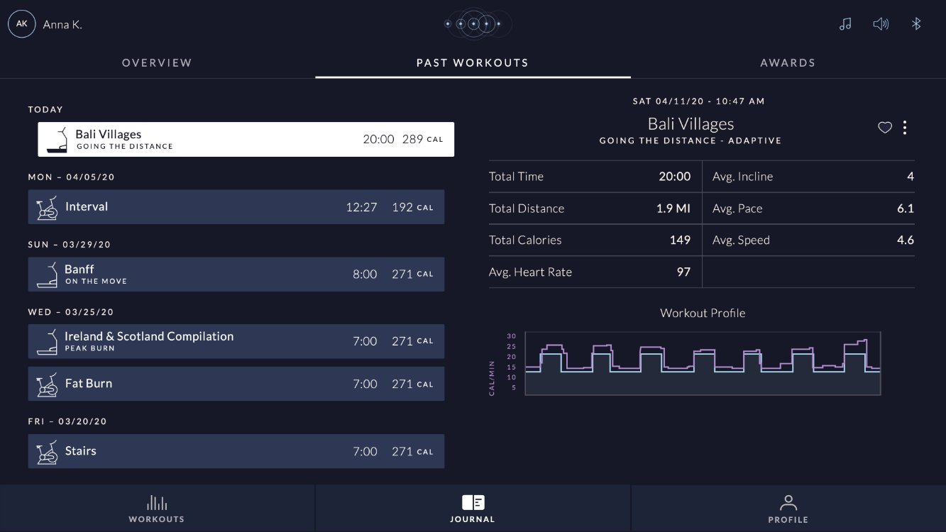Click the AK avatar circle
pyautogui.click(x=21, y=24)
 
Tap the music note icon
pyautogui.click(x=845, y=23)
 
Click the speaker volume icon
pyautogui.click(x=881, y=23)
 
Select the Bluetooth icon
pyautogui.click(x=916, y=23)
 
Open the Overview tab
pyautogui.click(x=157, y=63)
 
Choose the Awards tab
pyautogui.click(x=788, y=63)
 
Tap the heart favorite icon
pyautogui.click(x=885, y=127)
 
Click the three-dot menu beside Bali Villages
pyautogui.click(x=905, y=127)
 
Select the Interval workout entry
pyautogui.click(x=236, y=207)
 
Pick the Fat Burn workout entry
pyautogui.click(x=236, y=383)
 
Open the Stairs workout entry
pyautogui.click(x=236, y=451)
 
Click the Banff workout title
pyautogui.click(x=79, y=269)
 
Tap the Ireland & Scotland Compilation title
pyautogui.click(x=149, y=336)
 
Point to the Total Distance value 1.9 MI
pyautogui.click(x=673, y=208)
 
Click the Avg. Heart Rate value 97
pyautogui.click(x=683, y=272)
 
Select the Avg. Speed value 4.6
pyautogui.click(x=906, y=240)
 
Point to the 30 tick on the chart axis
pyautogui.click(x=512, y=336)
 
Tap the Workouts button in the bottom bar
pyautogui.click(x=157, y=509)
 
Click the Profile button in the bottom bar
pyautogui.click(x=788, y=509)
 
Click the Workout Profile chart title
pyautogui.click(x=703, y=313)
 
